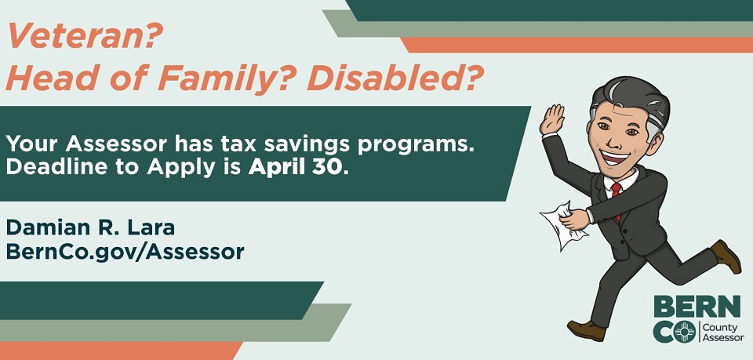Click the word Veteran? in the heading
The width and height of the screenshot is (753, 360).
coord(85,36)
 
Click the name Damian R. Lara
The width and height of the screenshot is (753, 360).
coord(91,227)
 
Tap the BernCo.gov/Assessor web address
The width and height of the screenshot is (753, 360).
coord(125,252)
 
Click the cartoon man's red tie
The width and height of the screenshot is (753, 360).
coord(617,196)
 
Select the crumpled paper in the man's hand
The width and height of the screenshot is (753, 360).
coord(563,224)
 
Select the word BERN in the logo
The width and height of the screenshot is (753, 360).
coord(697,306)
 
